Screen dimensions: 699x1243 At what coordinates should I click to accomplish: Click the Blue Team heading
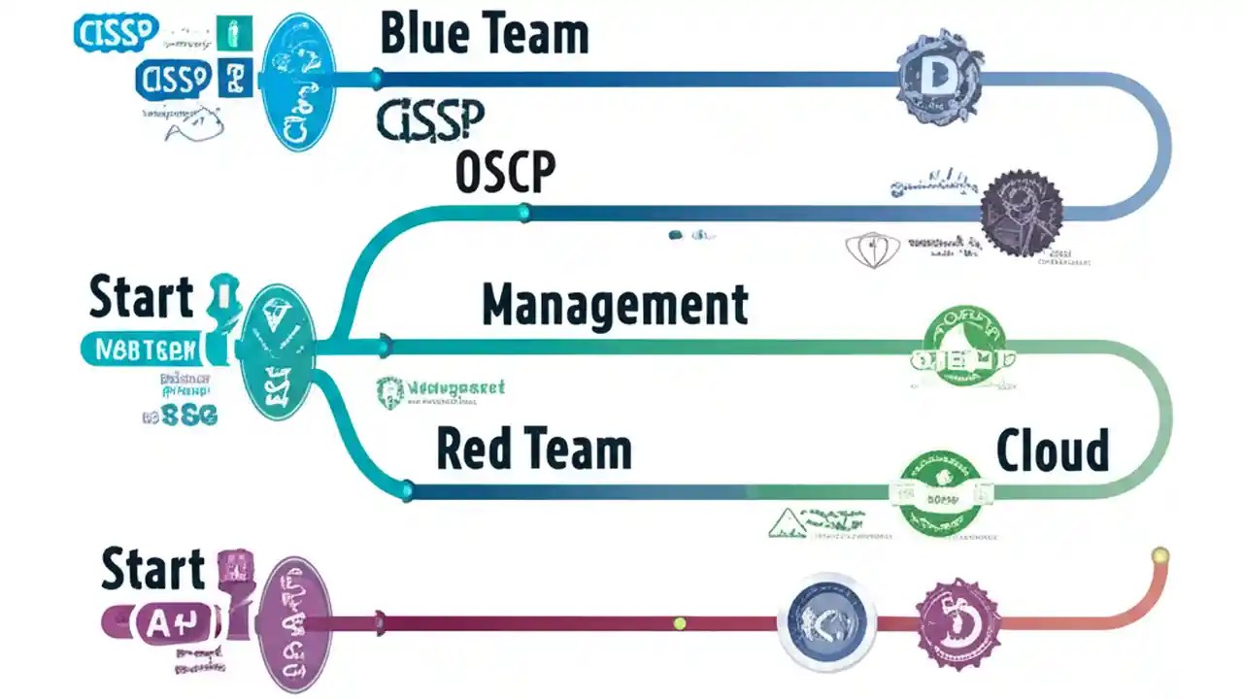[484, 35]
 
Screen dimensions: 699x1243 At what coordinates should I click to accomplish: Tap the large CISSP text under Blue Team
[429, 121]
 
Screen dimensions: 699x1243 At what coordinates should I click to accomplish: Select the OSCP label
[505, 173]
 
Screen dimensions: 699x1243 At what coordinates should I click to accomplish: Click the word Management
[615, 305]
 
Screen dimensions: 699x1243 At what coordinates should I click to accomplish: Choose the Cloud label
[1053, 450]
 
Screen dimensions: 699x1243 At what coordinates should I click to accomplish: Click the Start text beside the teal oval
[142, 298]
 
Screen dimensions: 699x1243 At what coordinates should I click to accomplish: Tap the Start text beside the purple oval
[153, 570]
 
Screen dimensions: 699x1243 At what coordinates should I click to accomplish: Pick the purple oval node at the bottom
[288, 617]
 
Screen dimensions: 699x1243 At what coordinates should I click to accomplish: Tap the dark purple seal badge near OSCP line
[1020, 213]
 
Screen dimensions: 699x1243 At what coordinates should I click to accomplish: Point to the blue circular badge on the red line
[827, 621]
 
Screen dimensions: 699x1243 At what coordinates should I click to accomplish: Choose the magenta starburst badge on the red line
[956, 621]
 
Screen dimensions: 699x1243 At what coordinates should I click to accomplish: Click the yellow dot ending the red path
[1158, 556]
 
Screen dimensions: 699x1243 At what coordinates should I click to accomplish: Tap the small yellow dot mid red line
[680, 622]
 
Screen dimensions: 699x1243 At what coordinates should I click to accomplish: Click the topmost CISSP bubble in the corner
[115, 32]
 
